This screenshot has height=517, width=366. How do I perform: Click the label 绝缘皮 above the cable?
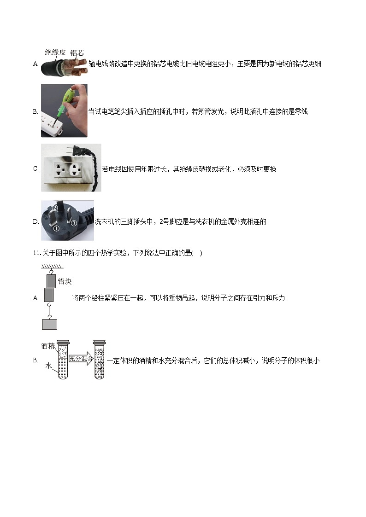pyautogui.click(x=55, y=52)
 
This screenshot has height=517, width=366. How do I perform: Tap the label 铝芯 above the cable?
pyautogui.click(x=77, y=53)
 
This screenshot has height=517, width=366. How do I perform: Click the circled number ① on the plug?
pyautogui.click(x=56, y=228)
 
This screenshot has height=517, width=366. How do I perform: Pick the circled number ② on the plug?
pyautogui.click(x=54, y=208)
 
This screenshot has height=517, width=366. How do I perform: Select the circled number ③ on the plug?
pyautogui.click(x=73, y=224)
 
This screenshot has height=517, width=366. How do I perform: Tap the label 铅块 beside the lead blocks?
pyautogui.click(x=65, y=281)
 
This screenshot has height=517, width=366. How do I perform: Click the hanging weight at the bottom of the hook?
pyautogui.click(x=49, y=324)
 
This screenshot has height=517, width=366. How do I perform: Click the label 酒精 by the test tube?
pyautogui.click(x=48, y=346)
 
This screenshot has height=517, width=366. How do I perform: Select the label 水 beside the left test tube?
pyautogui.click(x=48, y=366)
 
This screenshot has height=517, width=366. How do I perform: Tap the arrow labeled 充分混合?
pyautogui.click(x=81, y=359)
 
